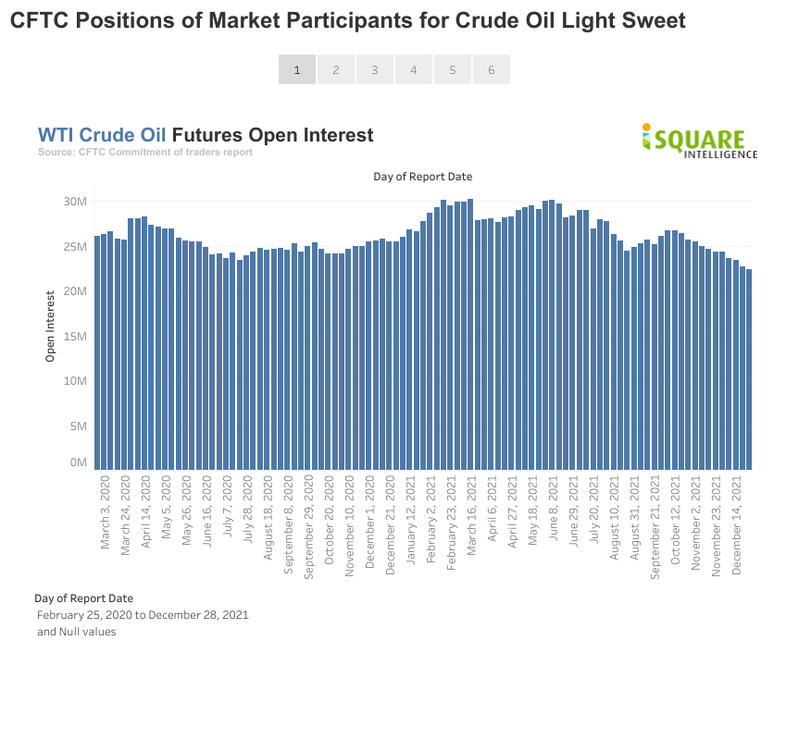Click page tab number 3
pos(375,69)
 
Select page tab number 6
pos(491,69)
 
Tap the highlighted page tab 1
pos(297,69)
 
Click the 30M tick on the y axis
pos(75,202)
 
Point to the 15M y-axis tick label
pos(75,337)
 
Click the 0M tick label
pos(78,462)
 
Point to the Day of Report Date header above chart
pos(423,176)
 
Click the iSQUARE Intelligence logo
pos(699,142)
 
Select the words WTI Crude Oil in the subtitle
pos(102,135)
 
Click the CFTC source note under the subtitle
pos(145,152)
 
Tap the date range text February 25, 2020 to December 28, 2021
pos(143,615)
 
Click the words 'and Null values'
pos(77,632)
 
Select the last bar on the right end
pos(748,369)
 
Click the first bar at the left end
pos(97,352)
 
